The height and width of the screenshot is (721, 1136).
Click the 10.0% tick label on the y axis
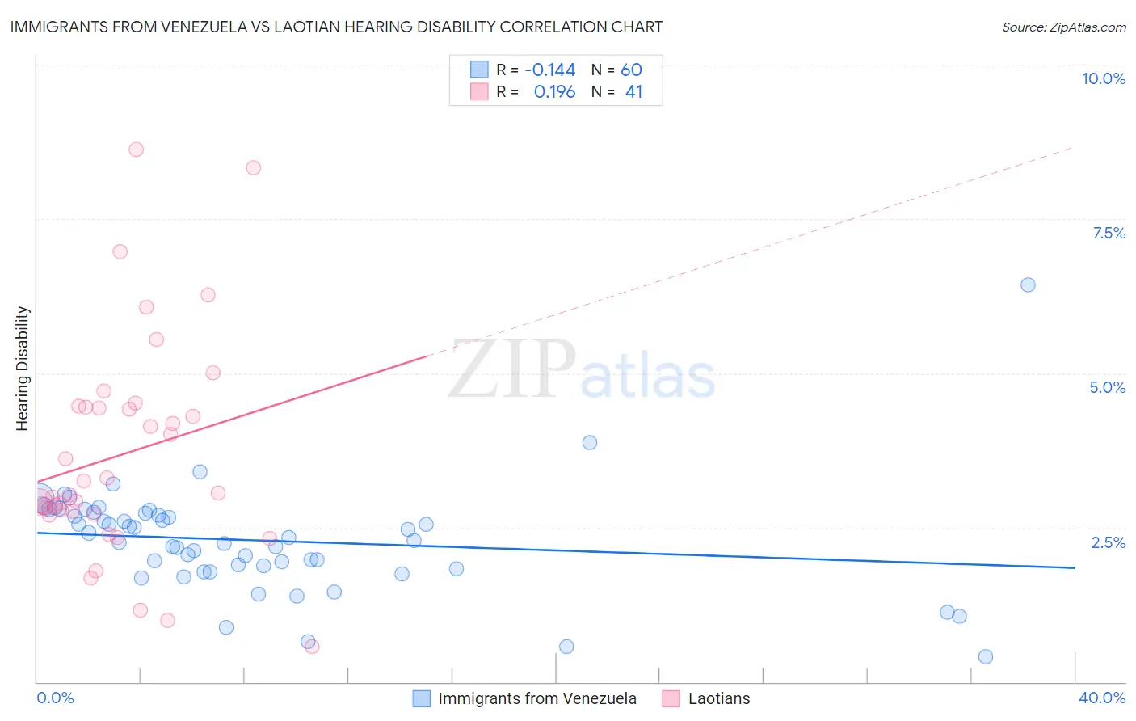point(1103,78)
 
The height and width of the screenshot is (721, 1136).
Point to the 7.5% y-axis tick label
point(1109,233)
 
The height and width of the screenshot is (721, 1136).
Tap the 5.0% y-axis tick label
point(1107,387)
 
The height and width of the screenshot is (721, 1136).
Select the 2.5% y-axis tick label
point(1108,542)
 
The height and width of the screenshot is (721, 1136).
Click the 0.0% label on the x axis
point(55,698)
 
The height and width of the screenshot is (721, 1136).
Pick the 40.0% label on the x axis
point(1101,698)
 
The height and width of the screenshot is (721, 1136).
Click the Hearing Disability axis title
point(23,369)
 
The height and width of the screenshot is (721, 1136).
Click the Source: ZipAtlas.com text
point(1063,27)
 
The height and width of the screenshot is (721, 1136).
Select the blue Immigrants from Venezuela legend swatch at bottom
point(422,698)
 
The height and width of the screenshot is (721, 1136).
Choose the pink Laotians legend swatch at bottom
point(671,698)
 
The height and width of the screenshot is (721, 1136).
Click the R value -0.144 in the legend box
point(549,70)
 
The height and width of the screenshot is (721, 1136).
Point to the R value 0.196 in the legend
point(554,92)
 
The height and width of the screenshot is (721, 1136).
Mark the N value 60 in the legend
point(631,70)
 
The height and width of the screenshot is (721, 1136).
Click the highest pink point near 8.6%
point(136,150)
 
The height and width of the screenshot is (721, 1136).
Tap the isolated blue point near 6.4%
point(1028,285)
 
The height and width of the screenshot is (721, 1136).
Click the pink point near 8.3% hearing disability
point(253,168)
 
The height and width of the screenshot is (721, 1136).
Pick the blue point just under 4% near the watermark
point(590,442)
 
